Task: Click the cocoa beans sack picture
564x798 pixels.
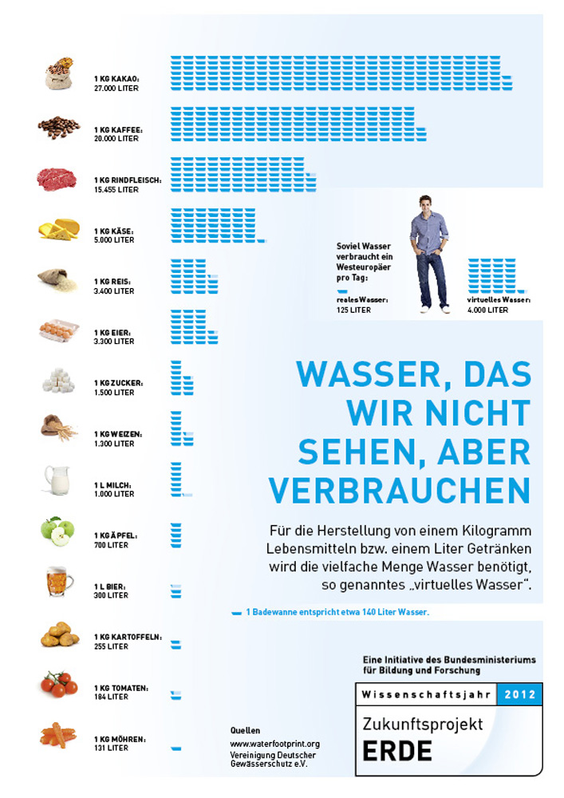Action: coord(59,73)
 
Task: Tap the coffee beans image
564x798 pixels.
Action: coord(58,127)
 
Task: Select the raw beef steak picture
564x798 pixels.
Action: coord(57,179)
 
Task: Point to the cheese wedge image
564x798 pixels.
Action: coord(59,229)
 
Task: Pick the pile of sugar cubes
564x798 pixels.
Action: coord(58,381)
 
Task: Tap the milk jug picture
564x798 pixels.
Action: coord(57,480)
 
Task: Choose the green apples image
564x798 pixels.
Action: coord(57,531)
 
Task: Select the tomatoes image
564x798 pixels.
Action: coord(59,684)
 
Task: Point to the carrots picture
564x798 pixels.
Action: coord(57,735)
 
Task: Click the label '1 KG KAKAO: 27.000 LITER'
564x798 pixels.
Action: coord(116,84)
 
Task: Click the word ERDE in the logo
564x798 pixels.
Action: coord(396,752)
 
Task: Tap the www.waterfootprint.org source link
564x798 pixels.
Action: coord(274,744)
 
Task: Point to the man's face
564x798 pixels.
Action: coord(428,203)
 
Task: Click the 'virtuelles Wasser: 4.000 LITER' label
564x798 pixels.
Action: coord(499,305)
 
